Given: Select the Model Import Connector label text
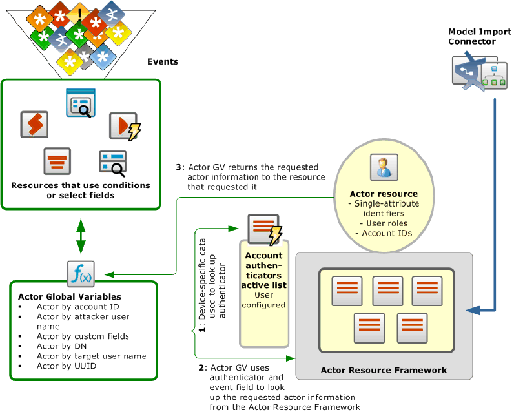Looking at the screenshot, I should point(471,37).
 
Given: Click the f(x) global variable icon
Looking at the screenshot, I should point(80,274).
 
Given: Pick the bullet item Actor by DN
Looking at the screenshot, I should point(57,346).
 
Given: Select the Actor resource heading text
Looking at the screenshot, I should point(383,194).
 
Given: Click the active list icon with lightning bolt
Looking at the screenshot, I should point(264,230).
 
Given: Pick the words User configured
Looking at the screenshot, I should point(264,300).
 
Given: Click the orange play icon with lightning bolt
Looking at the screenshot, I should point(125,127).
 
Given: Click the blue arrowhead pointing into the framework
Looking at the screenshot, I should point(473,311).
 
